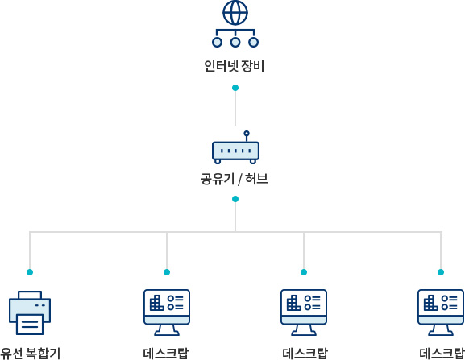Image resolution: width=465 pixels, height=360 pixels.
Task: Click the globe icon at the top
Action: [235, 13]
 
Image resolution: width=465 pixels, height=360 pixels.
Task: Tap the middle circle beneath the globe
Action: [235, 43]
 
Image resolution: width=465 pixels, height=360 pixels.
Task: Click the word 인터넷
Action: [221, 66]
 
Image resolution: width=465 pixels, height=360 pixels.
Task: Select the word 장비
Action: [253, 66]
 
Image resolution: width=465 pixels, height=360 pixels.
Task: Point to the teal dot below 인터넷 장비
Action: [235, 88]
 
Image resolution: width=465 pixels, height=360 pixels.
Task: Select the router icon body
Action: [235, 151]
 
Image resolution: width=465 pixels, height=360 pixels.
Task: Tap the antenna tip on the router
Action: [247, 134]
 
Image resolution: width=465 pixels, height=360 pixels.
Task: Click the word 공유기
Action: [218, 179]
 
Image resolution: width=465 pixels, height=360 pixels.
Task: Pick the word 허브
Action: [257, 179]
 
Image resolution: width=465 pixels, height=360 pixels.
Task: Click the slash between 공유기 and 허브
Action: [240, 180]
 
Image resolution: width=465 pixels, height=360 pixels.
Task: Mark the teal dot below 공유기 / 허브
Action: [235, 199]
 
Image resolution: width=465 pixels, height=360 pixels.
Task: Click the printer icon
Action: [30, 312]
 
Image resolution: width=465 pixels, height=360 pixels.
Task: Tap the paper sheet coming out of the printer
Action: [30, 324]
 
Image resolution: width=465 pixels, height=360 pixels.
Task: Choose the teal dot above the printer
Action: [30, 272]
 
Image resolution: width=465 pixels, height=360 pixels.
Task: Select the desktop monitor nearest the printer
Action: [167, 312]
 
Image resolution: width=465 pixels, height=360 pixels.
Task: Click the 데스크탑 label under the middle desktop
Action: [305, 354]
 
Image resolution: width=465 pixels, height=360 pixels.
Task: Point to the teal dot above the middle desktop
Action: [304, 272]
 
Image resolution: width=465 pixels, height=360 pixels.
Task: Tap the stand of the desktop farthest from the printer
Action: [441, 329]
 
